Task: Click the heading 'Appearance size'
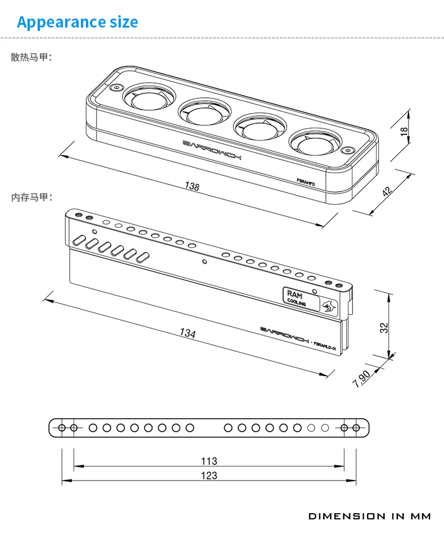pos(77,22)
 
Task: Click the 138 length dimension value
pos(192,187)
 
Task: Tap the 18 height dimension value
pos(402,131)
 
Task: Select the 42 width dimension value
pos(387,191)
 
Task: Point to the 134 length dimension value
pos(188,333)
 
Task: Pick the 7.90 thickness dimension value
pos(361,379)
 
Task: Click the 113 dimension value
pos(209,461)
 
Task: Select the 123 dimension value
pos(209,476)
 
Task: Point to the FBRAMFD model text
pos(309,182)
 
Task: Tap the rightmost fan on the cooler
pos(312,146)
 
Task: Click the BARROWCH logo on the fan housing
pos(212,149)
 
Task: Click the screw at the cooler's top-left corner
pos(116,88)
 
